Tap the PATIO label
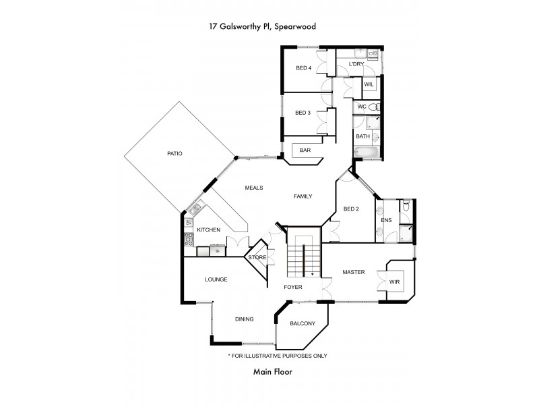coord(175,153)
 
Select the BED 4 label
coord(304,67)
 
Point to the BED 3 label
coord(303,113)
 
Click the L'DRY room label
coord(356,64)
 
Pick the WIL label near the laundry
coord(369,84)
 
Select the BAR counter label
coord(305,150)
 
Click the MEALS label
coord(253,188)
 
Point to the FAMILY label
coord(303,196)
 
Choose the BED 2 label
coord(350,209)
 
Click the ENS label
coord(386,220)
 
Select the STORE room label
coord(257,258)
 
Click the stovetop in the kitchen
coord(189,238)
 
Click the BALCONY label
coord(303,324)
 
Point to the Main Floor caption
coord(272,371)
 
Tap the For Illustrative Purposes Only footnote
coord(278,356)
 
